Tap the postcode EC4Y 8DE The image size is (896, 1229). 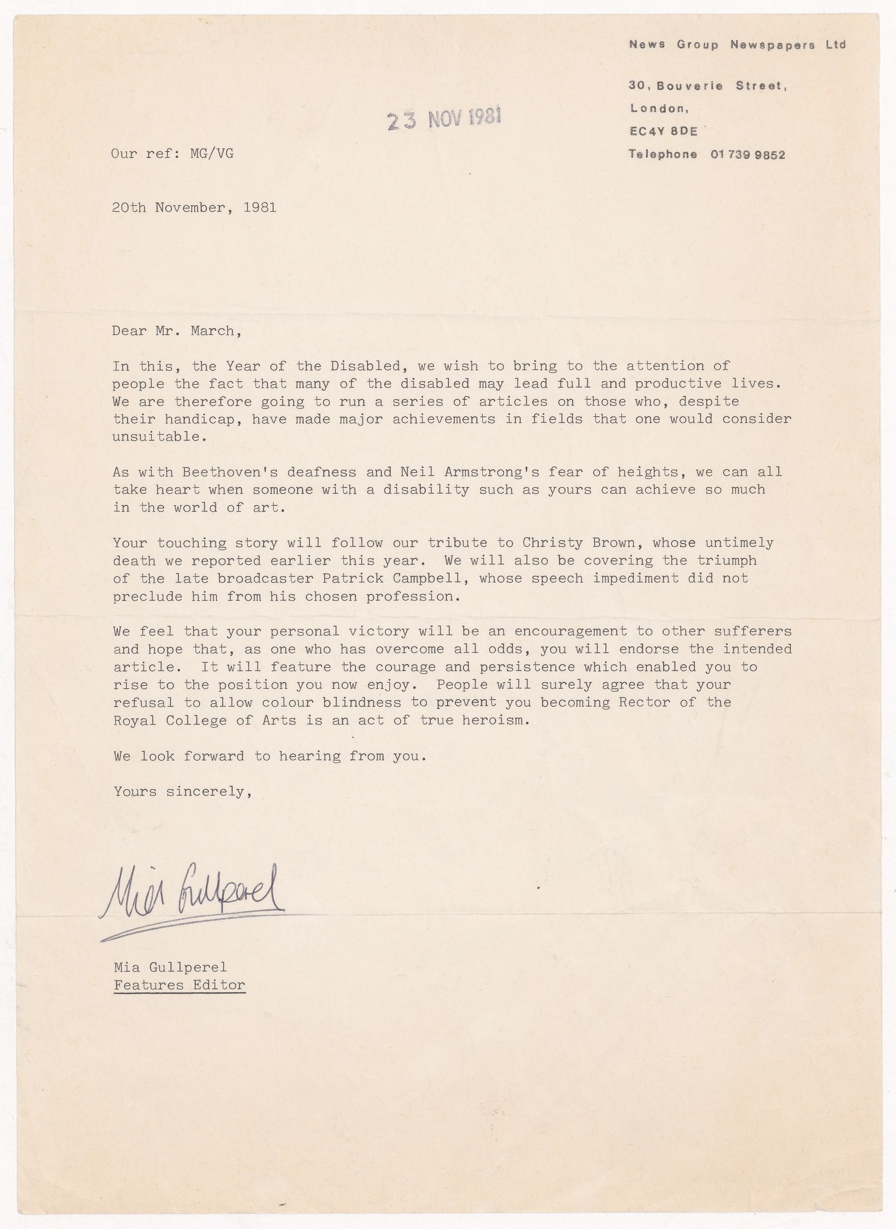pyautogui.click(x=663, y=131)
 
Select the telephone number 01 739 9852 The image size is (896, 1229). pyautogui.click(x=747, y=155)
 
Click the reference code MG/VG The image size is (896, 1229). pyautogui.click(x=212, y=153)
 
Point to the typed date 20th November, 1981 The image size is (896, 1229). pyautogui.click(x=194, y=207)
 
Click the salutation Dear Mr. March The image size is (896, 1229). pyautogui.click(x=176, y=331)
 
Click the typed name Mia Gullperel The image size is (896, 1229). pyautogui.click(x=170, y=967)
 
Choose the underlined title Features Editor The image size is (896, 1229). pyautogui.click(x=180, y=985)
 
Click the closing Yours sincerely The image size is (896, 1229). pyautogui.click(x=183, y=792)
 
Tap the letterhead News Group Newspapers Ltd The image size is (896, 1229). pyautogui.click(x=737, y=45)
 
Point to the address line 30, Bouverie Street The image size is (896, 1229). pyautogui.click(x=708, y=86)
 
